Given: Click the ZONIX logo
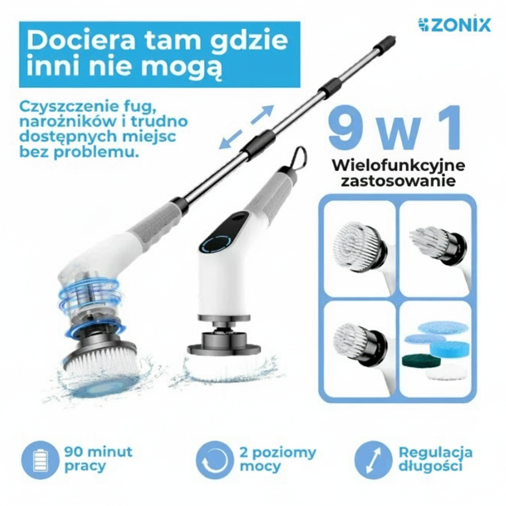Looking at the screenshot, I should pyautogui.click(x=454, y=25).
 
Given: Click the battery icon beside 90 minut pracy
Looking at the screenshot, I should pyautogui.click(x=40, y=460).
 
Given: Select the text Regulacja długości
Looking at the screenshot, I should pyautogui.click(x=435, y=459).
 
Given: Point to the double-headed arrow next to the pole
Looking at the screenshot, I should pyautogui.click(x=247, y=127).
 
